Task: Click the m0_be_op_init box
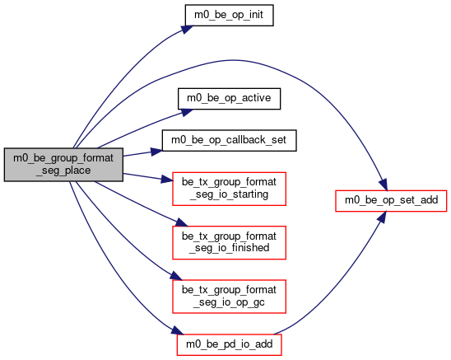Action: pos(229,16)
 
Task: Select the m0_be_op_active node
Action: pos(229,99)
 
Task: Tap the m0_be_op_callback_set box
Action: pos(229,141)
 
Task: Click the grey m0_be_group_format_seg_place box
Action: pos(63,165)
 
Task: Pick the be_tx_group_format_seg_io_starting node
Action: pos(229,189)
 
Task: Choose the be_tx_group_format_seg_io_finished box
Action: pos(229,242)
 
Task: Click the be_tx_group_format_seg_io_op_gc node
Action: pos(229,297)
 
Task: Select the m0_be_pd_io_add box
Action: pos(229,344)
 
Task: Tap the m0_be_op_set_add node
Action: pos(391,201)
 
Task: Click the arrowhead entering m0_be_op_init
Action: pos(187,30)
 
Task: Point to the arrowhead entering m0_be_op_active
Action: pos(186,112)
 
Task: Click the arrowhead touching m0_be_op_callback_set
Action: pos(156,152)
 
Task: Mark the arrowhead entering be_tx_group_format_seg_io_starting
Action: pos(167,179)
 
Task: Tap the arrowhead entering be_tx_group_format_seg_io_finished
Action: pos(181,222)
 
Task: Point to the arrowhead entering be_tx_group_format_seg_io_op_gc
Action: pos(176,276)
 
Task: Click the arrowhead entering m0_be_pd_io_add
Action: pos(178,330)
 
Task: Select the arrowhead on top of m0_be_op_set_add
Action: pos(384,185)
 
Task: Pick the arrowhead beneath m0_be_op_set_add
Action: pos(382,217)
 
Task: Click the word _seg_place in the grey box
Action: pos(63,171)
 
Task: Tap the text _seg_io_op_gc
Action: pos(229,302)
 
